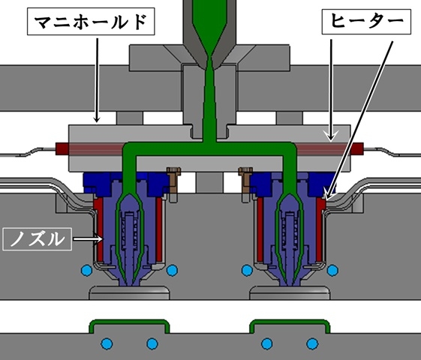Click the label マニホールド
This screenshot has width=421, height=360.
point(91,22)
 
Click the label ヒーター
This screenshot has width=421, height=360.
point(366,22)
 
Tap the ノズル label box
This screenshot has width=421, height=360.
point(37,239)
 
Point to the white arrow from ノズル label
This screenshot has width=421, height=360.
point(88,238)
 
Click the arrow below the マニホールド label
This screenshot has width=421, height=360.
point(98,80)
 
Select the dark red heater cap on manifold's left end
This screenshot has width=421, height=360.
point(62,149)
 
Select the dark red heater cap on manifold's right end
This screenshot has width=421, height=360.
point(357,149)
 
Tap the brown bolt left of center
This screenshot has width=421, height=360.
point(173,180)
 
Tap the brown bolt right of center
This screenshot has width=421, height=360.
point(245,180)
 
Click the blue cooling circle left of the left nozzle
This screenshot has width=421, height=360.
point(87,270)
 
